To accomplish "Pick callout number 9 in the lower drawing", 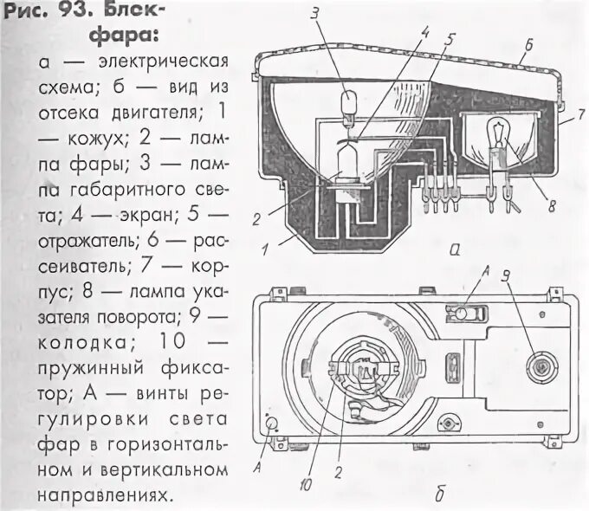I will (506, 280).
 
